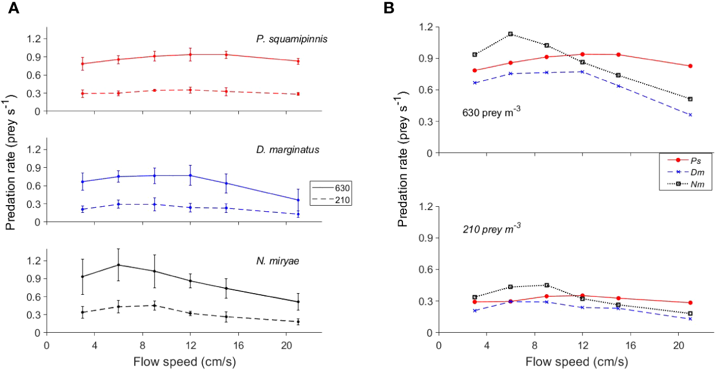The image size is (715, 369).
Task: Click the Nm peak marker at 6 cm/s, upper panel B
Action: tap(511, 34)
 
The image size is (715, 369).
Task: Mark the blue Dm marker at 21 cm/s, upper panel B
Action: tap(690, 115)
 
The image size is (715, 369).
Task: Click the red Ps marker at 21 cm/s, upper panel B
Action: tap(690, 66)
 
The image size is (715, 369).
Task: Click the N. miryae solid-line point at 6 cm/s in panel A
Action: tap(118, 265)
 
